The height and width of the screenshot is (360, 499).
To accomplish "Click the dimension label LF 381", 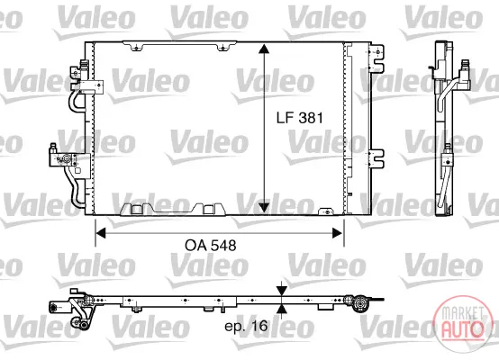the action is click(x=299, y=118).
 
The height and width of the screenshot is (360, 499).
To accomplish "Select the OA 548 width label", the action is click(x=211, y=246).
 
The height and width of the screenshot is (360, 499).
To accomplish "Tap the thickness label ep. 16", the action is click(x=246, y=326).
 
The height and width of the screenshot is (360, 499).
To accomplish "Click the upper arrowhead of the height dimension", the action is click(x=264, y=49).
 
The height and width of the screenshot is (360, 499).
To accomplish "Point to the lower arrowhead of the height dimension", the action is click(x=264, y=208).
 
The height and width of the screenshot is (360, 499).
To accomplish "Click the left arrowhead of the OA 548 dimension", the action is click(x=101, y=233).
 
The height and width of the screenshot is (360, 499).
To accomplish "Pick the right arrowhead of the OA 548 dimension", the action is click(x=338, y=233).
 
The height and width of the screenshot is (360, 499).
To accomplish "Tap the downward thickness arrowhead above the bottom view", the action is click(x=282, y=291).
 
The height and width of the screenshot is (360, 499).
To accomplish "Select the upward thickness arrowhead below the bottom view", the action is click(x=282, y=310).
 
